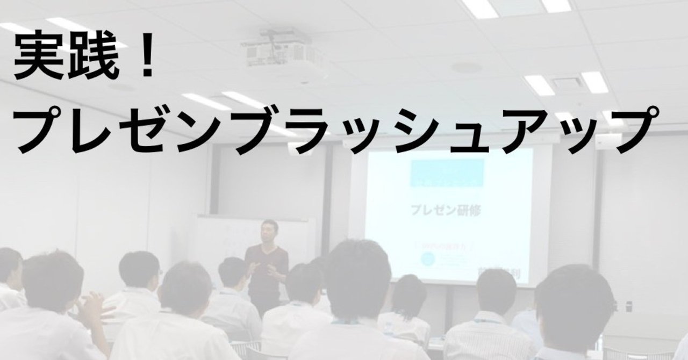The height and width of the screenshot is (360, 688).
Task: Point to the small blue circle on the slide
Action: [x=426, y=261]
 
